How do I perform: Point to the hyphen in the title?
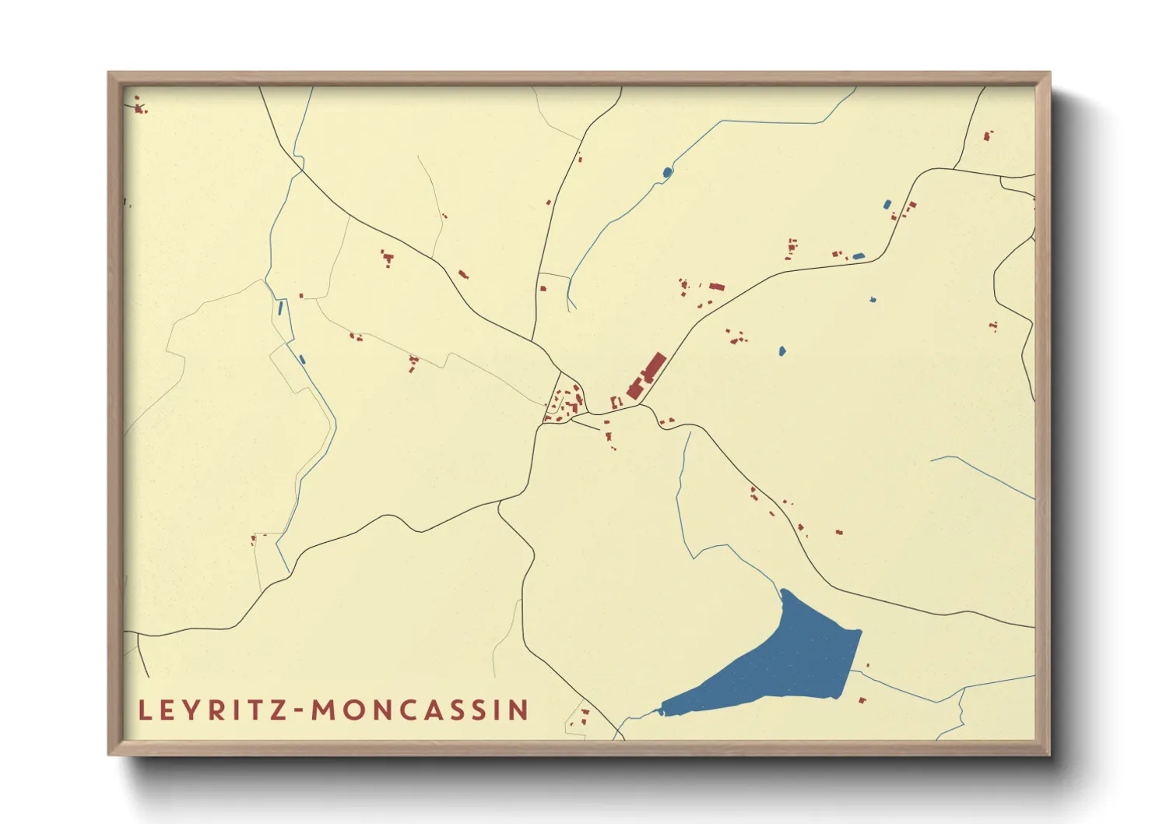click(300, 711)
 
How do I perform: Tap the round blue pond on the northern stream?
click(667, 172)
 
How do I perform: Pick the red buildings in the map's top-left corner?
click(139, 107)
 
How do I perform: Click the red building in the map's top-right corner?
click(987, 136)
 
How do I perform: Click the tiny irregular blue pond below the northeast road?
click(873, 299)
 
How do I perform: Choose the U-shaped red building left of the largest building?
click(615, 403)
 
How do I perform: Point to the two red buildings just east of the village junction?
click(666, 421)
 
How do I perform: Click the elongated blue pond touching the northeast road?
click(858, 255)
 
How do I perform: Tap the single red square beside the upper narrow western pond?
click(301, 296)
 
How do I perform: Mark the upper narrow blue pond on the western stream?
click(281, 308)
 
